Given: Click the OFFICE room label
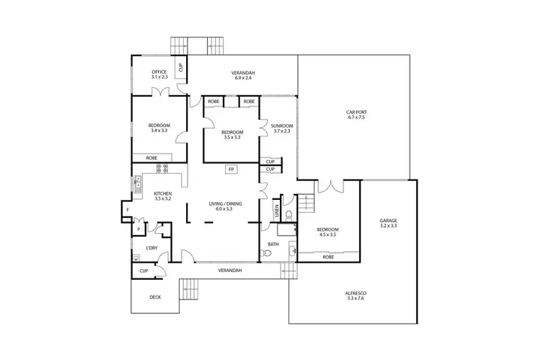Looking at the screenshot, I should [159, 72].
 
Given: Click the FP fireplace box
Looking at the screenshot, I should [232, 170].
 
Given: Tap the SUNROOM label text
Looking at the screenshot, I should [281, 126].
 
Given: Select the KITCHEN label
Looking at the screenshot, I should [162, 193].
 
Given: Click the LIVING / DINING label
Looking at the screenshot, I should [225, 203].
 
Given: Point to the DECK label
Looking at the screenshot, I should [155, 297].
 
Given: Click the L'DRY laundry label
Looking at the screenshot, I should [152, 249].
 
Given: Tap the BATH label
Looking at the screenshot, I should [273, 244].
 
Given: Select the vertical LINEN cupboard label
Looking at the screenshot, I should [276, 210].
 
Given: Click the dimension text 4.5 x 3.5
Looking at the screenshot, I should [328, 235].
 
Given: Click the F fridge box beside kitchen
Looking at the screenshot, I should [127, 210].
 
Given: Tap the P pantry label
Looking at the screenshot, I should [138, 230].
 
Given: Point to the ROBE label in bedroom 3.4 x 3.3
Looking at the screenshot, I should [152, 157].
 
